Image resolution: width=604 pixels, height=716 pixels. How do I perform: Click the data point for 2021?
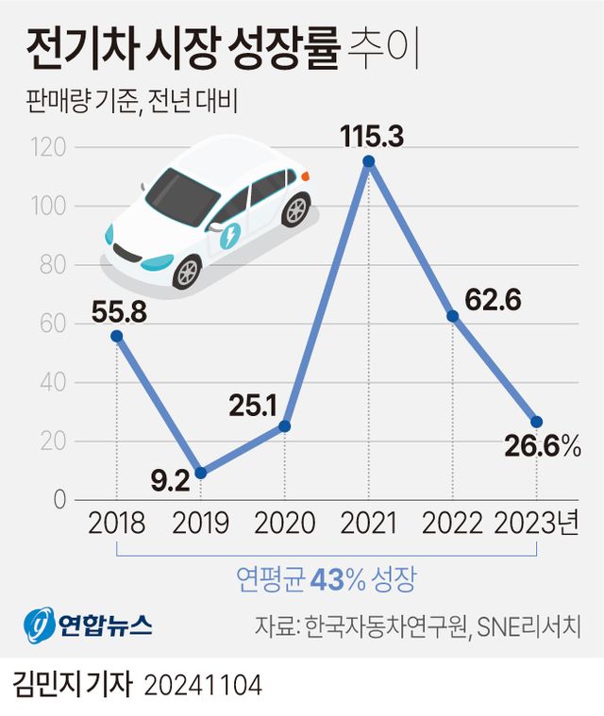click(x=369, y=161)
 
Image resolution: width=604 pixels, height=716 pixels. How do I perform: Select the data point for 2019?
click(x=200, y=473)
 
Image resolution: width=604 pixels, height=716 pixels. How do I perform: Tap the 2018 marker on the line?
click(x=116, y=336)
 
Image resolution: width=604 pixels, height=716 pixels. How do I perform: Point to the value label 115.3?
click(x=373, y=136)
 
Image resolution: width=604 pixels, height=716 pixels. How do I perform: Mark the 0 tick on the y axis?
click(x=59, y=500)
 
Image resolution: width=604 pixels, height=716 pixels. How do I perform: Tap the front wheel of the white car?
click(x=187, y=272)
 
